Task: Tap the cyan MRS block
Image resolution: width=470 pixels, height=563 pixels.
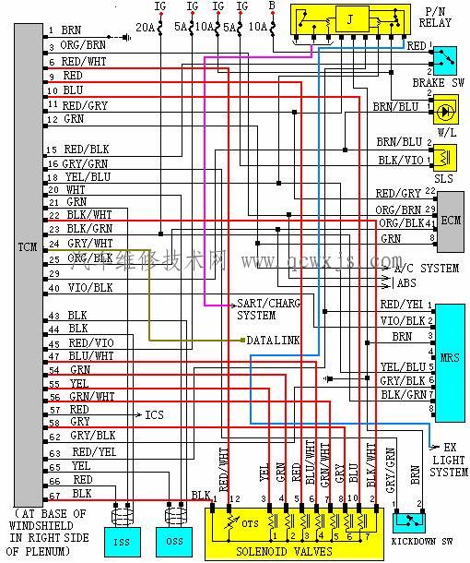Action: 452,356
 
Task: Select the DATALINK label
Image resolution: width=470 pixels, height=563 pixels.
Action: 273,341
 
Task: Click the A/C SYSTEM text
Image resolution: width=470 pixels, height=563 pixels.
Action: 426,269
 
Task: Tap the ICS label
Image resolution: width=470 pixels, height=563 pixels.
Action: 154,415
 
